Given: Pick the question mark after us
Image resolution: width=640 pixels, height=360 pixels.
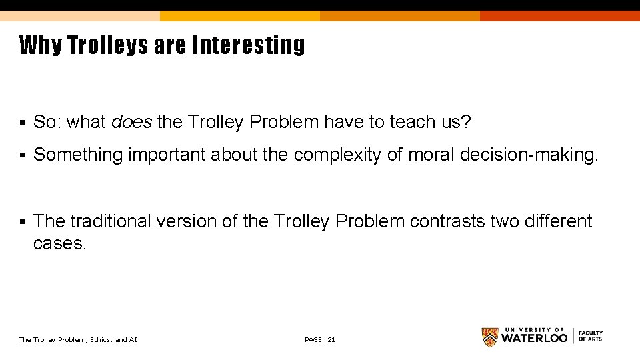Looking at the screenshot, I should click(x=467, y=122).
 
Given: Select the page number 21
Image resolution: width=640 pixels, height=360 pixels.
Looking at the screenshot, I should click(x=332, y=340).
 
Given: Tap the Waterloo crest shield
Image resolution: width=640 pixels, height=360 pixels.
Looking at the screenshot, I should click(x=490, y=337).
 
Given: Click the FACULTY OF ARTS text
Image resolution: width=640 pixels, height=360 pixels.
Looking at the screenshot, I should click(x=590, y=336).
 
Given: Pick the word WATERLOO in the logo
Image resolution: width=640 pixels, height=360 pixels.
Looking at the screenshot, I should click(x=534, y=338).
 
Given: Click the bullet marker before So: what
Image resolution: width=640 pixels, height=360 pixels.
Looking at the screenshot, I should click(x=22, y=123).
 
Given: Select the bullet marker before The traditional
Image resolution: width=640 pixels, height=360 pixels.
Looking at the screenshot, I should click(x=22, y=221).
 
